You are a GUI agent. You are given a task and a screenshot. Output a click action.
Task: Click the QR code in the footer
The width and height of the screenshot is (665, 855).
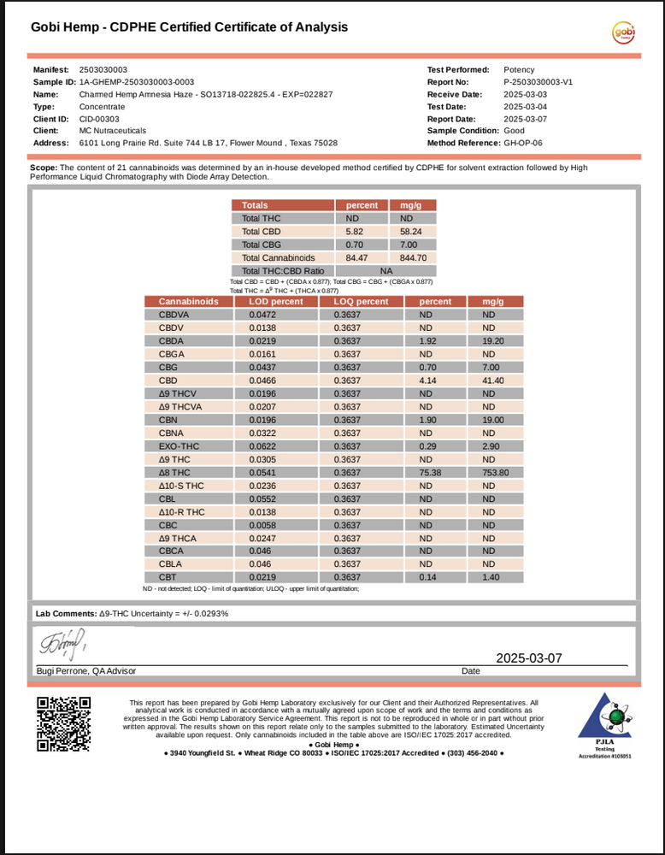[63, 724]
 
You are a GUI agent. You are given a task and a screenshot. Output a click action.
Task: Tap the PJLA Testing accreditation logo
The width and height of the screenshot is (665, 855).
[604, 726]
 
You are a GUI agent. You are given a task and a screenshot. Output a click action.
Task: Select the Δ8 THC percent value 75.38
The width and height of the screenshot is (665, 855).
[434, 472]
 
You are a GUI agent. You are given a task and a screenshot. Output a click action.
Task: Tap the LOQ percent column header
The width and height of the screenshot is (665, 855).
[361, 301]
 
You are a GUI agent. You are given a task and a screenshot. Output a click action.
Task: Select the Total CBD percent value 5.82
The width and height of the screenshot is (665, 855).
[355, 231]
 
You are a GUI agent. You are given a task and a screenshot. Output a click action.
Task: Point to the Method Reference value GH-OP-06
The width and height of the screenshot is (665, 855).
[523, 143]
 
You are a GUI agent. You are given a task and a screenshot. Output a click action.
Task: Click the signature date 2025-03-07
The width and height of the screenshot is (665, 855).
[529, 658]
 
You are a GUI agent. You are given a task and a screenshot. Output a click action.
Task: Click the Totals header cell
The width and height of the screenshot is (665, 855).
[255, 205]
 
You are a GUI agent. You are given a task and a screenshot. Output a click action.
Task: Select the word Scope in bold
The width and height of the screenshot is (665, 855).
[43, 168]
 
